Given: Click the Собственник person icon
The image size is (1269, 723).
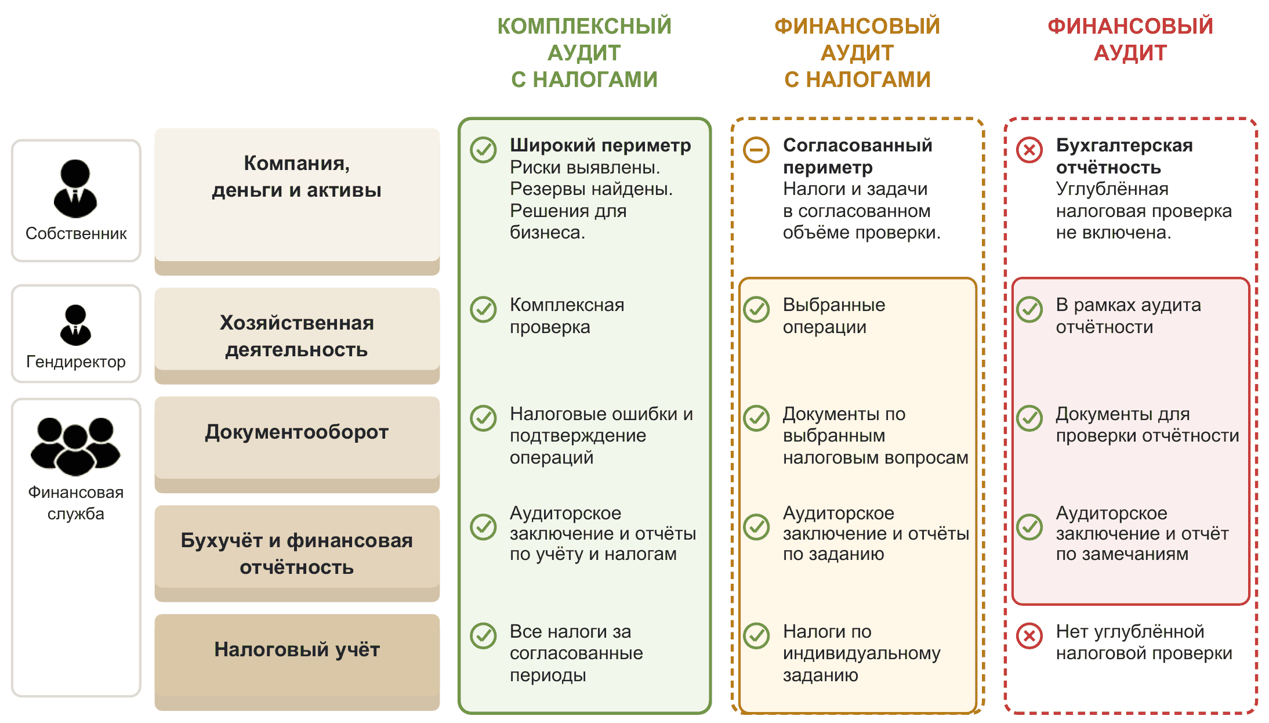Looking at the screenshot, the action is [75, 189].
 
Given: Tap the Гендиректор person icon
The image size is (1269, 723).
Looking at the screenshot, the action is [75, 325].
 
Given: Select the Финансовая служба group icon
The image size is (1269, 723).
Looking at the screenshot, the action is [75, 446].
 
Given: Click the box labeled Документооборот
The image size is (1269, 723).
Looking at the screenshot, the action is [297, 444].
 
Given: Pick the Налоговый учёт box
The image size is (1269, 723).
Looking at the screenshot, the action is [297, 662].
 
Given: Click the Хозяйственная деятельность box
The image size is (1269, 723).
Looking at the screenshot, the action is [297, 336].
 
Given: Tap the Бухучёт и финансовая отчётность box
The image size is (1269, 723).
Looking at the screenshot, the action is [297, 554].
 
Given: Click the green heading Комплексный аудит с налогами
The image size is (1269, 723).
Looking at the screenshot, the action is [584, 53].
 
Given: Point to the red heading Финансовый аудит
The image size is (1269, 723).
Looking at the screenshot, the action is [1130, 39].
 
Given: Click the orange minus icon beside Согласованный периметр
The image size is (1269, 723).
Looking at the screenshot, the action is [757, 150].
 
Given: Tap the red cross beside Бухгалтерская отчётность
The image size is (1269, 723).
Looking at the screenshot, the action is [1030, 150].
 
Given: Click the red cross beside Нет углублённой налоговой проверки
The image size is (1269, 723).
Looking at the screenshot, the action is [1030, 636].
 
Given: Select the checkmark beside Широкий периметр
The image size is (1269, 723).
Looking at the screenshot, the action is [484, 150].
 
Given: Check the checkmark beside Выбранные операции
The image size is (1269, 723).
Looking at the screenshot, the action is [757, 309].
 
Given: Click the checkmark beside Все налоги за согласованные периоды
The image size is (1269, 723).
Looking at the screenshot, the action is [484, 636].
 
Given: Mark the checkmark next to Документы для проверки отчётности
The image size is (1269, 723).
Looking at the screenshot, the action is [1030, 418].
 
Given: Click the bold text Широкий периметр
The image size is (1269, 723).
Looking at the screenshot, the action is [600, 145].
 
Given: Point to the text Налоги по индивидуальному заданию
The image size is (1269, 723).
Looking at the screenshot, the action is [862, 653].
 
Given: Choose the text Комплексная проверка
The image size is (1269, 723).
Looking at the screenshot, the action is [567, 316].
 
